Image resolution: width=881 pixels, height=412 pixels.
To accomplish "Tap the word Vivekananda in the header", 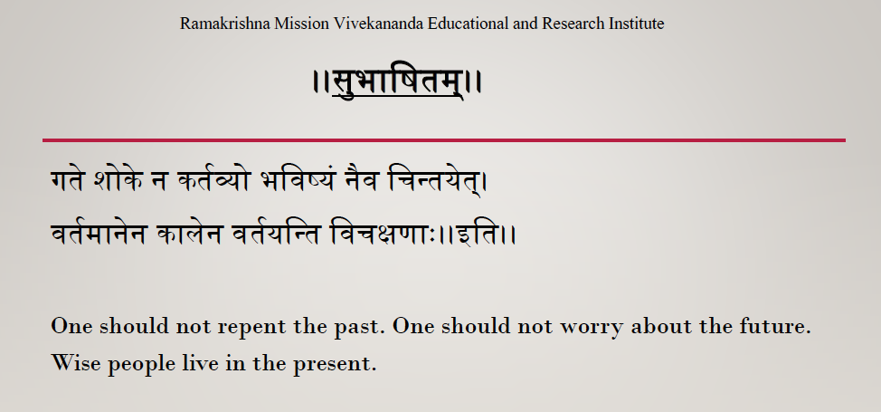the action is point(379,24).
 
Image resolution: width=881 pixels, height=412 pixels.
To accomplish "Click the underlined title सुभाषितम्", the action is point(398,82).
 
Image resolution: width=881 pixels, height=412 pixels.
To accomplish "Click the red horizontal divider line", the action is point(444,140).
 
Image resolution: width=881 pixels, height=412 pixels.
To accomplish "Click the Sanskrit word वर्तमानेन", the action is point(99,232).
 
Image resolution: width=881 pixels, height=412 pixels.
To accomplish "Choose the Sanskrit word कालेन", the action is point(189,232).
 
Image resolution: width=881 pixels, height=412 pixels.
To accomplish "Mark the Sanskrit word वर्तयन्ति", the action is point(277,232).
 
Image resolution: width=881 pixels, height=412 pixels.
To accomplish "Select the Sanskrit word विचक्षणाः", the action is point(384,233).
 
